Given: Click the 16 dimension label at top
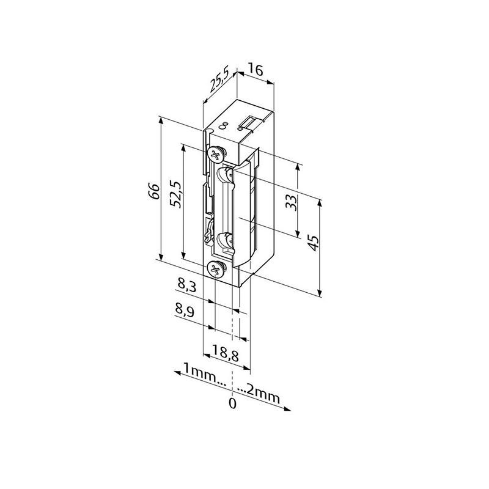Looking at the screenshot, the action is (x=255, y=70).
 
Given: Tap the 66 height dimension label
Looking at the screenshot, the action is (x=154, y=191).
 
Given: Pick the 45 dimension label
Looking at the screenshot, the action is (x=314, y=243).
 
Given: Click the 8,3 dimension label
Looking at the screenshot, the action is (x=186, y=285).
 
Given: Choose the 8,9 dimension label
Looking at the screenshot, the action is (x=185, y=311).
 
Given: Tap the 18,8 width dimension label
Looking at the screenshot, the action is (x=225, y=353).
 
